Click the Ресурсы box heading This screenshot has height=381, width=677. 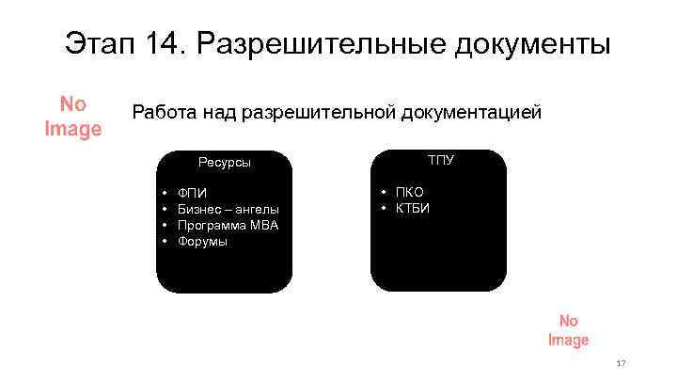coord(225,162)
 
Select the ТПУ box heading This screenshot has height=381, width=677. coord(440,160)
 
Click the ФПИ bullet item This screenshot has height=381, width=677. coord(192,193)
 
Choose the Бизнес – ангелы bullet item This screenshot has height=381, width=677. coord(228,209)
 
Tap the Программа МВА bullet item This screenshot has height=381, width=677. coord(228,225)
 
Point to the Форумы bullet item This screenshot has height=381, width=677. coord(202,241)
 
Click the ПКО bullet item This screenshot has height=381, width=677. coord(409,192)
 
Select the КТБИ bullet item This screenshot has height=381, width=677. coord(412,208)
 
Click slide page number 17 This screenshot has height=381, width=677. coord(621,363)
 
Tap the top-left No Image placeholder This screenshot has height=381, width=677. coord(73,116)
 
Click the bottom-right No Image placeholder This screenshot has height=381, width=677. coord(568,330)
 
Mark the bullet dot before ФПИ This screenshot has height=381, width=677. coord(165,193)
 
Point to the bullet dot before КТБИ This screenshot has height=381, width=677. coord(385,208)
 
